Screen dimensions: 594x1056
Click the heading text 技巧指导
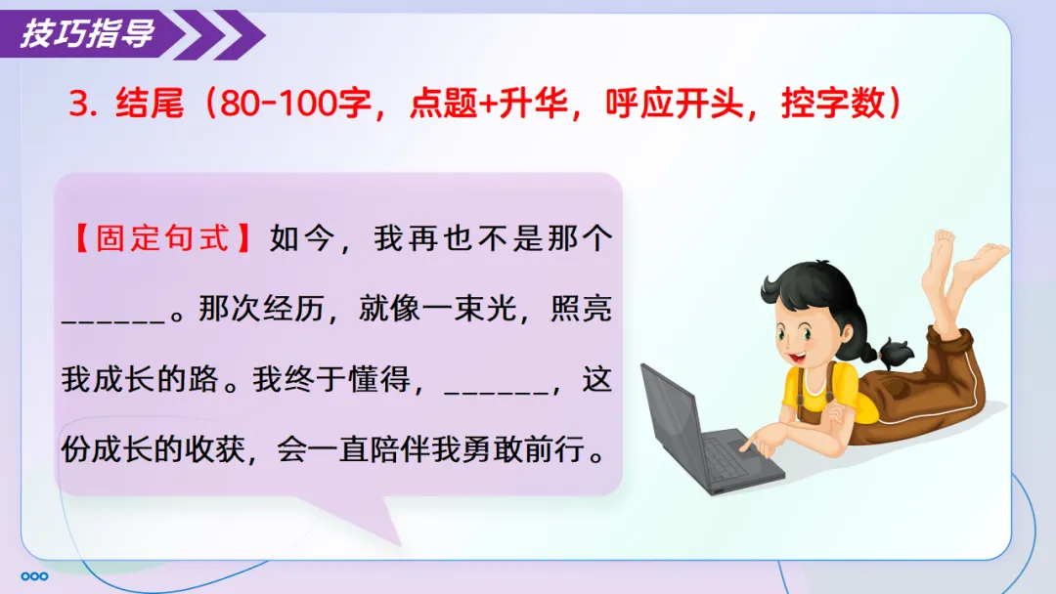point(88,33)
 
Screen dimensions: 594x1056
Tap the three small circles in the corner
point(34,575)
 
